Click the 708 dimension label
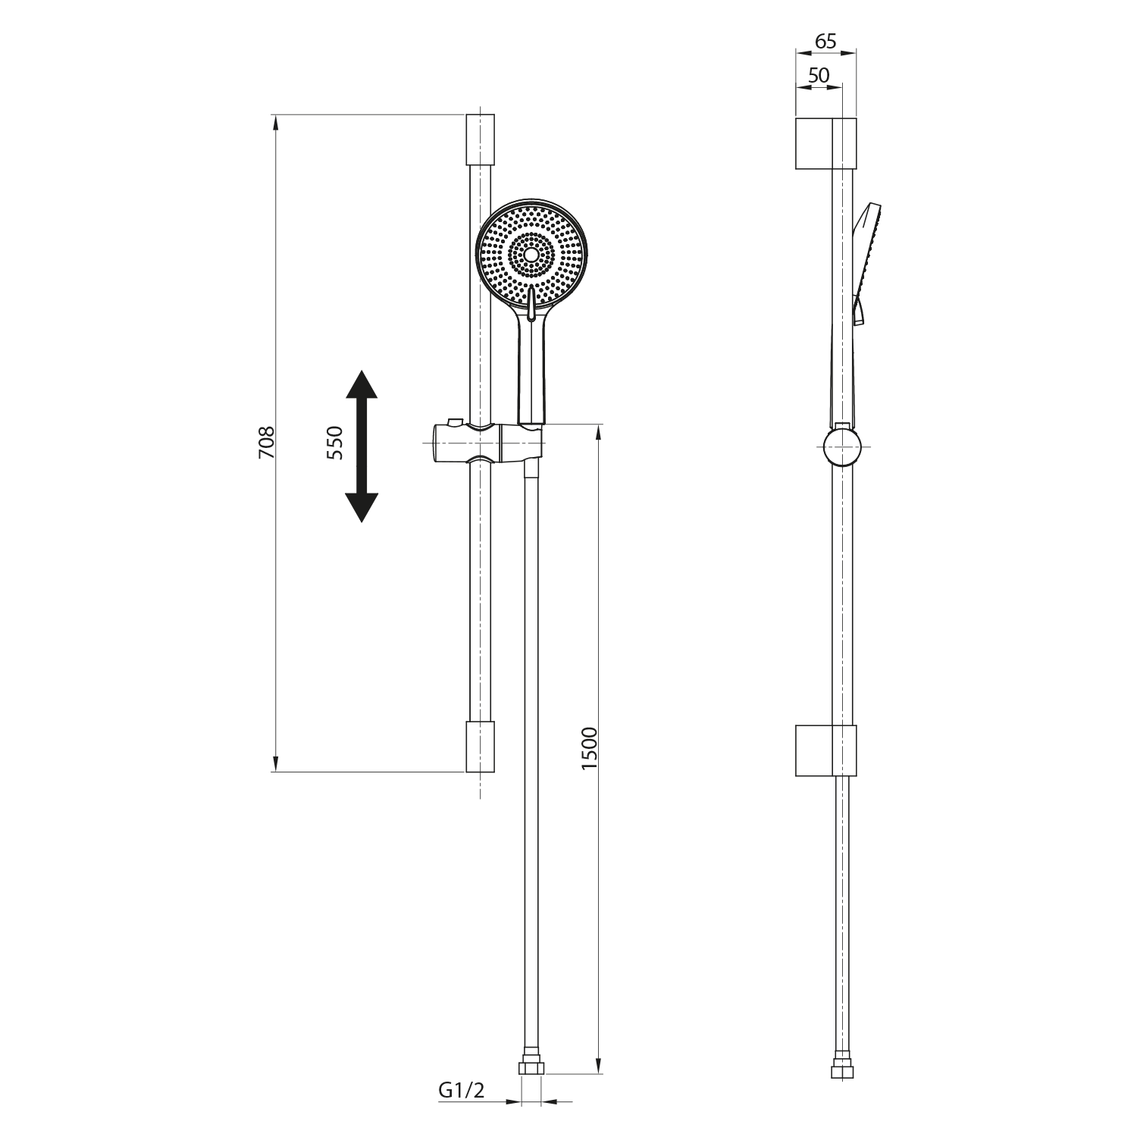pyautogui.click(x=266, y=443)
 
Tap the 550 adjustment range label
pyautogui.click(x=334, y=443)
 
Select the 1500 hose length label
pyautogui.click(x=590, y=749)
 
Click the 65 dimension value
pyautogui.click(x=825, y=42)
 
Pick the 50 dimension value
pyautogui.click(x=819, y=76)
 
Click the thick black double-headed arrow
pyautogui.click(x=362, y=446)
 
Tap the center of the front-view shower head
pyautogui.click(x=531, y=255)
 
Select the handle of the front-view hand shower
pyautogui.click(x=531, y=371)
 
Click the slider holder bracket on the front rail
pyautogui.click(x=485, y=443)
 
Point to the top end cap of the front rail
pyautogui.click(x=480, y=139)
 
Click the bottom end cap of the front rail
pyautogui.click(x=480, y=747)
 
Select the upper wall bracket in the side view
pyautogui.click(x=825, y=143)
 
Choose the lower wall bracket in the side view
pyautogui.click(x=825, y=750)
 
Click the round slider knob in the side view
pyautogui.click(x=842, y=446)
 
